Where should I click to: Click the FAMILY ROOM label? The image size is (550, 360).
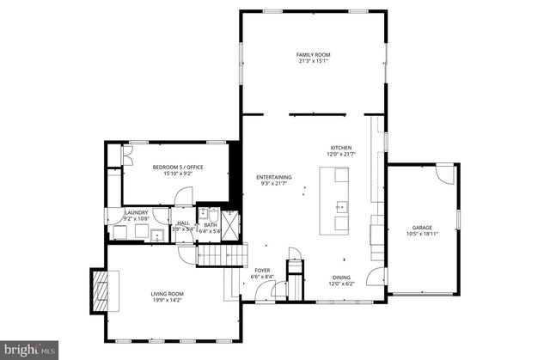click(313, 54)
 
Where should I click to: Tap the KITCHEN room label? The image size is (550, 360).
click(341, 148)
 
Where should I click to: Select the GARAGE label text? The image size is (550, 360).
click(421, 228)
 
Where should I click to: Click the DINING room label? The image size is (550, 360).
click(340, 278)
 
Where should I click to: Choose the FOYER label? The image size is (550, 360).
click(262, 271)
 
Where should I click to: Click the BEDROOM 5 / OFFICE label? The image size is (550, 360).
click(178, 167)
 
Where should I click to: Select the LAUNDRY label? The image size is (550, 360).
click(137, 213)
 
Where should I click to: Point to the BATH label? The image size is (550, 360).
click(210, 225)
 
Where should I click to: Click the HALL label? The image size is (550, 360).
click(183, 223)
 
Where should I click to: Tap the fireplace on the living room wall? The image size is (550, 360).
click(101, 292)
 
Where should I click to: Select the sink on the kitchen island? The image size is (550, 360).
click(339, 206)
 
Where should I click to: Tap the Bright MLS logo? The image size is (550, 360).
click(29, 349)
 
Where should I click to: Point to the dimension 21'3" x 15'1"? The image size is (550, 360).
click(313, 61)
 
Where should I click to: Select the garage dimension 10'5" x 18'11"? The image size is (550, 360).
click(421, 234)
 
